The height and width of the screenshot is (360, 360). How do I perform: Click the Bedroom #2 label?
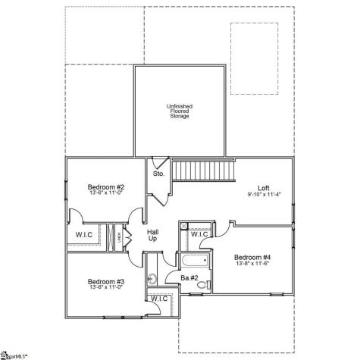point(105,186)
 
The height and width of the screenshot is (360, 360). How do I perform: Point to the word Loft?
point(264,187)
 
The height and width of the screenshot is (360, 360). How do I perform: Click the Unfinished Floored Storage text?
point(180,111)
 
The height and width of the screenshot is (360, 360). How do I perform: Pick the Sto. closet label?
point(159,174)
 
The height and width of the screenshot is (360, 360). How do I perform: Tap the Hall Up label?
point(152,235)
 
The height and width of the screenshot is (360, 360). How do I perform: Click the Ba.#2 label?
point(189,278)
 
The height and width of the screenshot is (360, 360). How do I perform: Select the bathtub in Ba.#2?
point(192,262)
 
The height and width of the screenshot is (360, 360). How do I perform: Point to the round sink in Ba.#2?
point(152,278)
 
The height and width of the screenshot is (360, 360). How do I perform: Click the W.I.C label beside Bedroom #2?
point(84,235)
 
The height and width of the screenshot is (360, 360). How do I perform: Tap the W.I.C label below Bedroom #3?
point(159,299)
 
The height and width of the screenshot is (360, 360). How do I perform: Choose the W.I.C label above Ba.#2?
point(199,235)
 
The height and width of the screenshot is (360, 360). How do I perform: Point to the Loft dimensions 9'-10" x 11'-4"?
point(264,194)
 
